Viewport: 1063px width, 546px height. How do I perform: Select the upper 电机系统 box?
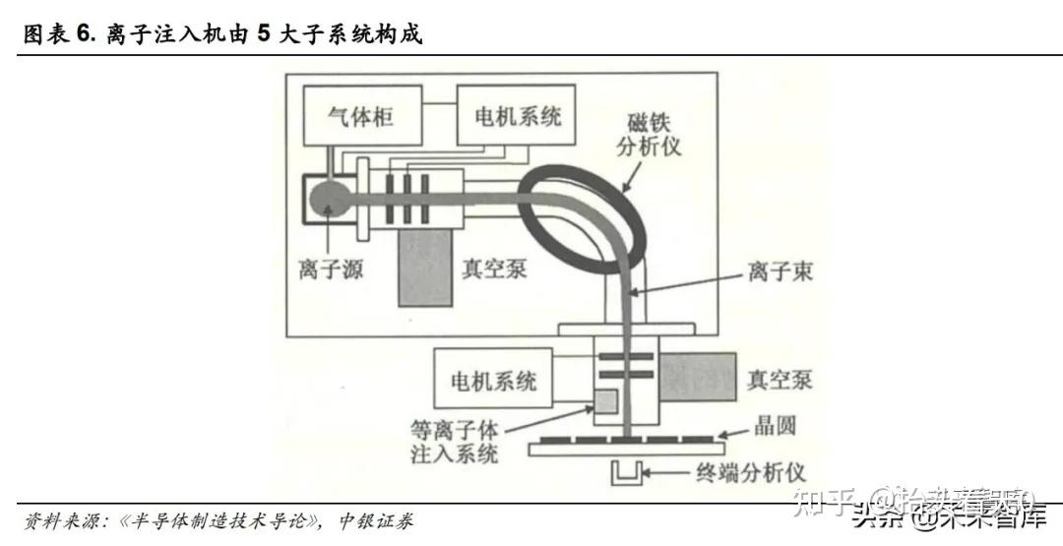pyautogui.click(x=517, y=116)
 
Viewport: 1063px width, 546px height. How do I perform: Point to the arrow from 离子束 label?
pyautogui.click(x=689, y=281)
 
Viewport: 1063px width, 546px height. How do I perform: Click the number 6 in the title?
pyautogui.click(x=84, y=34)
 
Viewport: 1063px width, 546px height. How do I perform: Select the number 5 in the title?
pyautogui.click(x=263, y=34)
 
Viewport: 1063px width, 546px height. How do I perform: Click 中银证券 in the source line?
pyautogui.click(x=375, y=519)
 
